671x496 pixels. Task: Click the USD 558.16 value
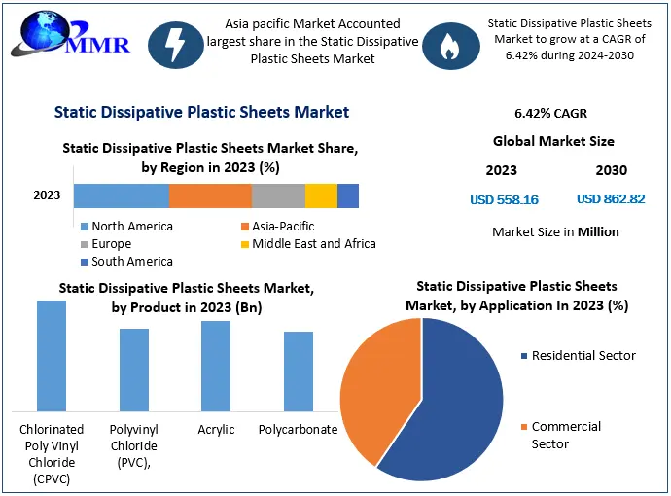click(x=504, y=199)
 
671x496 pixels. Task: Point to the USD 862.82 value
click(x=611, y=199)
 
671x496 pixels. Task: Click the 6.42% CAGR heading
click(x=550, y=113)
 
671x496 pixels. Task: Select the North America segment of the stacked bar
click(x=122, y=195)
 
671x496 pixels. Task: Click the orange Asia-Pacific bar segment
click(x=210, y=195)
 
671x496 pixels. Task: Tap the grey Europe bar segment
click(x=278, y=195)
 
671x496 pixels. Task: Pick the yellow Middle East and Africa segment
click(x=321, y=195)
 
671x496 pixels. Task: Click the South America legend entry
click(x=126, y=261)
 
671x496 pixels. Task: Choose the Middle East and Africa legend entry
click(x=307, y=243)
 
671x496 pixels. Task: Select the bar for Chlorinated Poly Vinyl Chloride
click(x=52, y=355)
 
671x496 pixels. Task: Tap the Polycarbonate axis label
click(x=299, y=429)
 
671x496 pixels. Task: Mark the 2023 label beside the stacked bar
click(x=47, y=195)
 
